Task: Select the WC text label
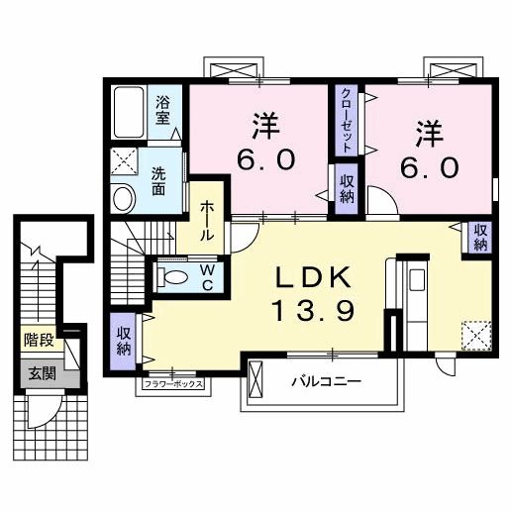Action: tap(209, 272)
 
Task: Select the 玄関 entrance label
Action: tap(42, 373)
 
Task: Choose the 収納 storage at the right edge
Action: tap(479, 238)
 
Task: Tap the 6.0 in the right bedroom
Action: tap(430, 166)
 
